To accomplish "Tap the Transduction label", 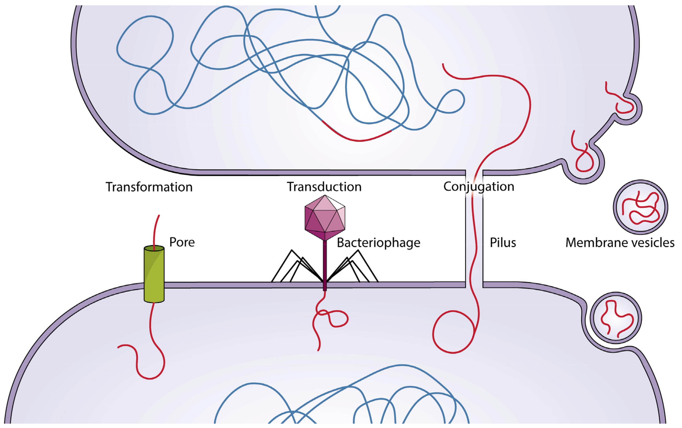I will click(324, 187).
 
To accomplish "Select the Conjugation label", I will click(478, 187).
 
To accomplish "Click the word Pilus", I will click(503, 243).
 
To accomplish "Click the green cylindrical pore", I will click(154, 275).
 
